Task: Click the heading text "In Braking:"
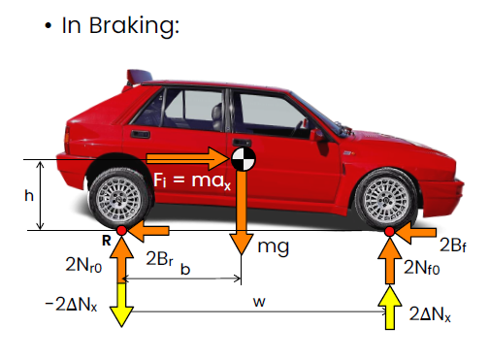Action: point(120,26)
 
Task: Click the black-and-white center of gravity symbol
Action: point(244,159)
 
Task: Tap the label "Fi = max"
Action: point(192,180)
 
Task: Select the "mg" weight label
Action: point(274,247)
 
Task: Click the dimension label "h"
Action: point(29,195)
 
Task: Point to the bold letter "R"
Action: point(107,241)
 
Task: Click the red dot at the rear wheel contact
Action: point(121,231)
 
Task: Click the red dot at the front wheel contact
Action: point(390,231)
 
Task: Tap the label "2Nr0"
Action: point(83,265)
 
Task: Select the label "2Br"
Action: point(159,258)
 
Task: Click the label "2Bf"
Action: point(453,245)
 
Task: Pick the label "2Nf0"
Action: point(422,268)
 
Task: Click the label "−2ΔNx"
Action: point(71,305)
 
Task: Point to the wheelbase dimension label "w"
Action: point(259,302)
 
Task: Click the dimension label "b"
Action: point(185,269)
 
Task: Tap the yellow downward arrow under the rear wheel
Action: point(121,305)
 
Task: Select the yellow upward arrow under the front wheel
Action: point(390,308)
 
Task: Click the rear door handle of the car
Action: point(140,134)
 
